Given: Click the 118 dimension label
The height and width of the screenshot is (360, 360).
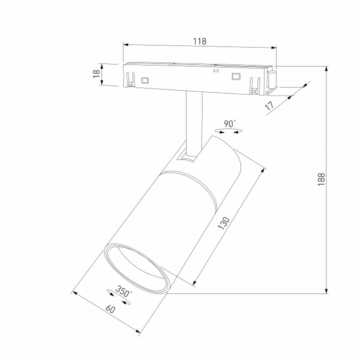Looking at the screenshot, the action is (x=199, y=41).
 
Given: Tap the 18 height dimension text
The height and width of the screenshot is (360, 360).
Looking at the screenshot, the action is (x=96, y=73).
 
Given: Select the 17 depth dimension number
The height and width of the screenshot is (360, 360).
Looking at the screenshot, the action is (x=269, y=105).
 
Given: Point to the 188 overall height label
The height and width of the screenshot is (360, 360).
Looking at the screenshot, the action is (x=321, y=179).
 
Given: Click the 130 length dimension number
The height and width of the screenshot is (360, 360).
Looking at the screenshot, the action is (x=223, y=222).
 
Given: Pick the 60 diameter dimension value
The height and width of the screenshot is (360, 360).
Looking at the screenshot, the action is (x=110, y=309).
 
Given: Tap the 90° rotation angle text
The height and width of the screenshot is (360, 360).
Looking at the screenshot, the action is (x=230, y=124).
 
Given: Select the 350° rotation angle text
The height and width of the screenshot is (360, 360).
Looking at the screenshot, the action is (x=124, y=291).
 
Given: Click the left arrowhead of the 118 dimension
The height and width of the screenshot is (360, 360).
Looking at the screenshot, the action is (x=125, y=45).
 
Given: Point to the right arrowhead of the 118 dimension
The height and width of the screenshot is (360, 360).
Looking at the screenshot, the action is (x=273, y=47).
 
